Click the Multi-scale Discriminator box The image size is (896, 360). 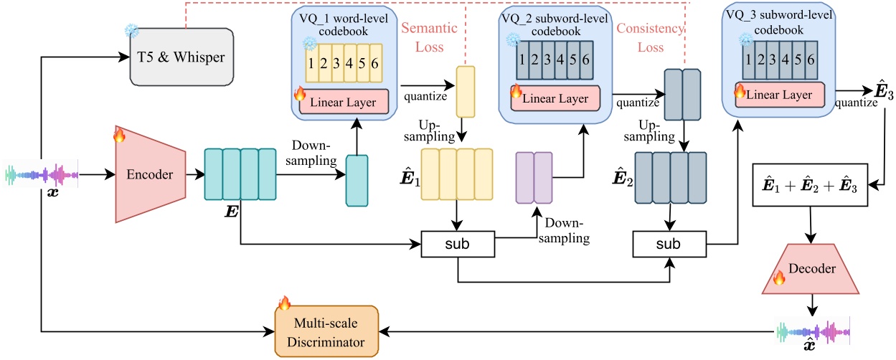(327, 329)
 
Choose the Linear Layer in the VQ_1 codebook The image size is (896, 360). (343, 101)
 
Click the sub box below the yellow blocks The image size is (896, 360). (458, 245)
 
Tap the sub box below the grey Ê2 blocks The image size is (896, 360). (668, 245)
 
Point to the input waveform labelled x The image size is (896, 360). (42, 174)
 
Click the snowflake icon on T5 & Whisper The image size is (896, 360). (132, 31)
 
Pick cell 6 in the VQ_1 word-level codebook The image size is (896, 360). (384, 62)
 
